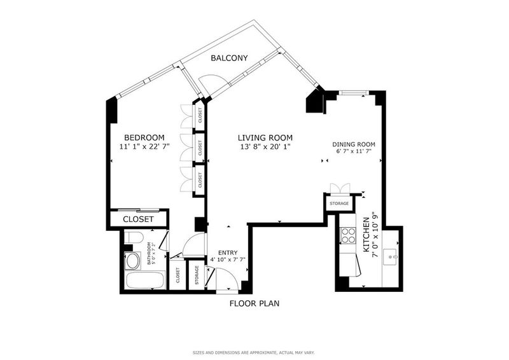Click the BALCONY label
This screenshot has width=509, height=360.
tap(229, 58)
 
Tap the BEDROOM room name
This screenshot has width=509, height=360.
tap(144, 137)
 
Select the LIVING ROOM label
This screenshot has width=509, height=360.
tap(265, 137)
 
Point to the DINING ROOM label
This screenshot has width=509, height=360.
tap(354, 144)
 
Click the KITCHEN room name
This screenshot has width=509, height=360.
tap(366, 235)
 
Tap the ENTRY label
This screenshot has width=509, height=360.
tap(228, 253)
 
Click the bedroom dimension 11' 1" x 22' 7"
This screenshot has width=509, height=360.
tap(144, 147)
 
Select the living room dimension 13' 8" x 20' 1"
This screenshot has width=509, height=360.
tap(265, 147)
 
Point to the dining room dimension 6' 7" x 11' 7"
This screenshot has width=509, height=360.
tap(354, 151)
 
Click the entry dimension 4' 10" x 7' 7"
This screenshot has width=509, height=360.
tap(228, 260)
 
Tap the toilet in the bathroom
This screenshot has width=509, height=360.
tap(134, 237)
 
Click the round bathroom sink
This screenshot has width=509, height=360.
tap(132, 261)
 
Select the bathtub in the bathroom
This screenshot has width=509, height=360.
tap(145, 280)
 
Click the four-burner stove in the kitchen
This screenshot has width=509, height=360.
tap(347, 235)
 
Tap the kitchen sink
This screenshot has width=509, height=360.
tap(390, 258)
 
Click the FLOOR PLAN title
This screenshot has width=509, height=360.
tap(254, 303)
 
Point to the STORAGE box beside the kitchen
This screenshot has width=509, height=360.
tap(339, 204)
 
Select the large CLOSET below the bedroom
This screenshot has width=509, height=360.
tap(138, 219)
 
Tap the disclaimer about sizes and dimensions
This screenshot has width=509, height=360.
tap(253, 352)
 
